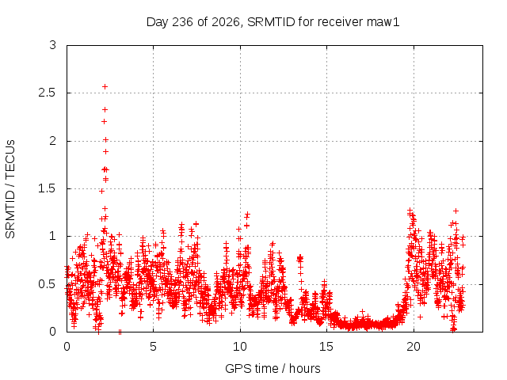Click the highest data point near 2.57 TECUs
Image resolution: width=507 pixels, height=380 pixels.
tap(105, 86)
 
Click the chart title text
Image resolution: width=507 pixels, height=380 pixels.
tap(273, 22)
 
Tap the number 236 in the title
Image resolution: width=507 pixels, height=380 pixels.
tap(183, 22)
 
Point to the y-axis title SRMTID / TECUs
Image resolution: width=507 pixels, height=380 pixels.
tap(10, 189)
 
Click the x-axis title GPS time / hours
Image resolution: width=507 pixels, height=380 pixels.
tap(273, 368)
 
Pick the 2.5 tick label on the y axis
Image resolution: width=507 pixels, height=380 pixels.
tap(47, 93)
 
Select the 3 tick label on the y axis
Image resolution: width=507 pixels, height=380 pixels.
tap(53, 45)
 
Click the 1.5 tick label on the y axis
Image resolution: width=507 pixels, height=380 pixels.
tap(47, 188)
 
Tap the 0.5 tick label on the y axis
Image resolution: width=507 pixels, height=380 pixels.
tap(47, 284)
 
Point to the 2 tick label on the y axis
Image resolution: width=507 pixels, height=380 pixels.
tap(53, 141)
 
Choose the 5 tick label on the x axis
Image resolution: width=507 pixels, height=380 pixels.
tap(153, 347)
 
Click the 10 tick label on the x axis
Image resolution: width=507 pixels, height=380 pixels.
tap(240, 347)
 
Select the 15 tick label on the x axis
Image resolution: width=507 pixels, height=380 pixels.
tap(326, 347)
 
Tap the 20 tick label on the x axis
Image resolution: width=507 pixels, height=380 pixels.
tap(414, 347)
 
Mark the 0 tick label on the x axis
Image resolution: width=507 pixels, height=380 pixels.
tap(67, 347)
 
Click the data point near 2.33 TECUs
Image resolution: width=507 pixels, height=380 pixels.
tap(105, 110)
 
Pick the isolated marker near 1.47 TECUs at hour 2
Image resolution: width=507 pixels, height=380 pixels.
tap(101, 192)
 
